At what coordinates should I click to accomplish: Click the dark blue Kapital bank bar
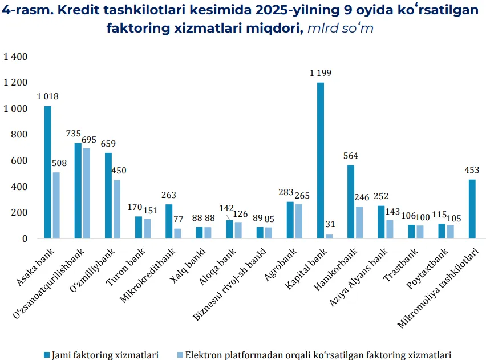coord(321,160)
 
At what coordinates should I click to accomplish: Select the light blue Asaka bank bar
coord(56,205)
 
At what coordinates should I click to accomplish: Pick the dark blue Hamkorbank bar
coord(351,201)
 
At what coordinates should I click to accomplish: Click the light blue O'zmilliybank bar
coord(116,209)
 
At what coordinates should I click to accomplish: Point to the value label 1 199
coord(321,73)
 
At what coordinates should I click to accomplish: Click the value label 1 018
coord(48,96)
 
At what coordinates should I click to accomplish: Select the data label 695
coord(89,139)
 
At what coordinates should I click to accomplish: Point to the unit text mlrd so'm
coord(341,28)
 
